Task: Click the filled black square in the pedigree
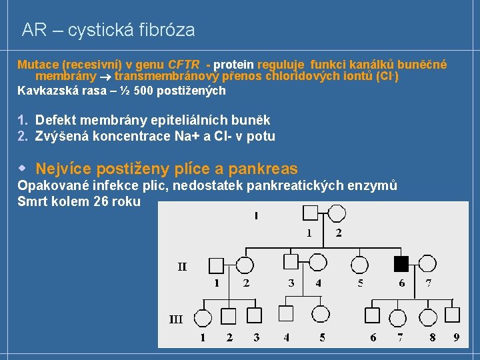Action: [401, 265]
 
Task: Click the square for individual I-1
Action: [311, 213]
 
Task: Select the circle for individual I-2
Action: [337, 213]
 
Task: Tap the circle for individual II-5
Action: [360, 265]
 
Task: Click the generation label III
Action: [175, 319]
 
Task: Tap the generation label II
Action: [182, 267]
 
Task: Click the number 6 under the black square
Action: [401, 283]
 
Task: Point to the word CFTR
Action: [184, 65]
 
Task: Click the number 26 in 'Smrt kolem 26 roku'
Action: [103, 201]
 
